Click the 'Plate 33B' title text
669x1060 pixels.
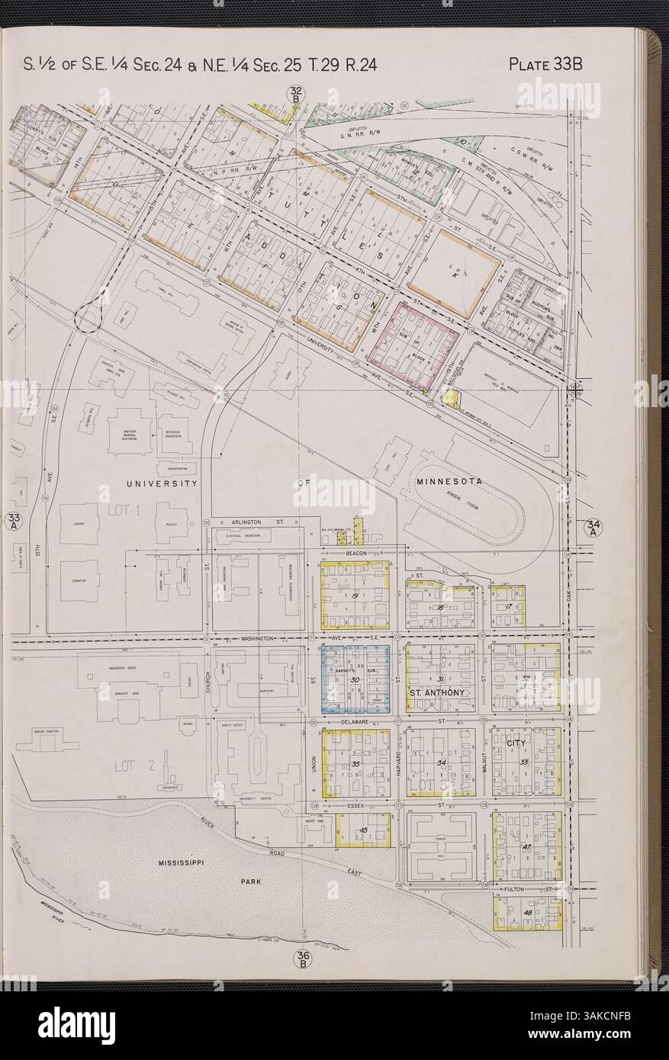coord(545,63)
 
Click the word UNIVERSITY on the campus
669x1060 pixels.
coord(162,483)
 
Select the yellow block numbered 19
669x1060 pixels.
coord(355,595)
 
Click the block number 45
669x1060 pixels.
coord(364,830)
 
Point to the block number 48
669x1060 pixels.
coord(526,914)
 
